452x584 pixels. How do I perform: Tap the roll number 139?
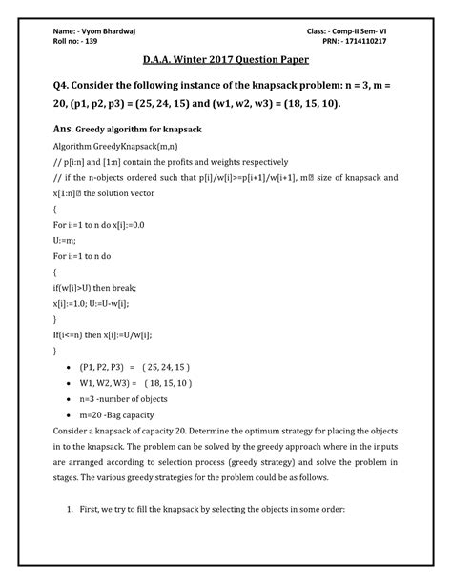click(x=90, y=46)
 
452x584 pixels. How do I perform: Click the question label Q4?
click(x=66, y=91)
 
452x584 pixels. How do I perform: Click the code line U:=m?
click(x=66, y=238)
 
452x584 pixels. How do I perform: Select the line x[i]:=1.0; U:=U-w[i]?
click(x=101, y=304)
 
